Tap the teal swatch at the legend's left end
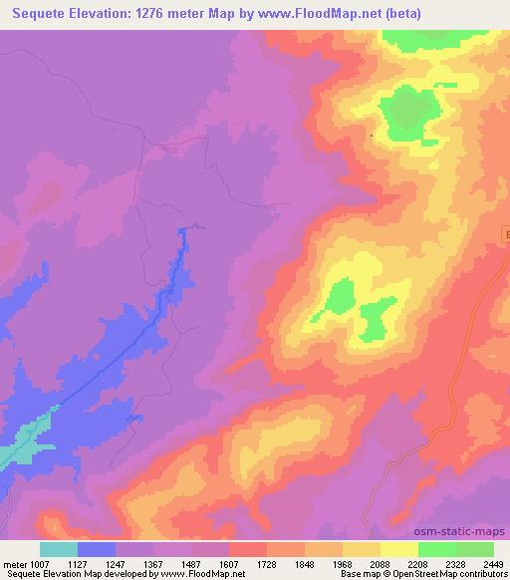[x=58, y=549]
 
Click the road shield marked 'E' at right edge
[x=505, y=235]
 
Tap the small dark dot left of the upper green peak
[x=372, y=135]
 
